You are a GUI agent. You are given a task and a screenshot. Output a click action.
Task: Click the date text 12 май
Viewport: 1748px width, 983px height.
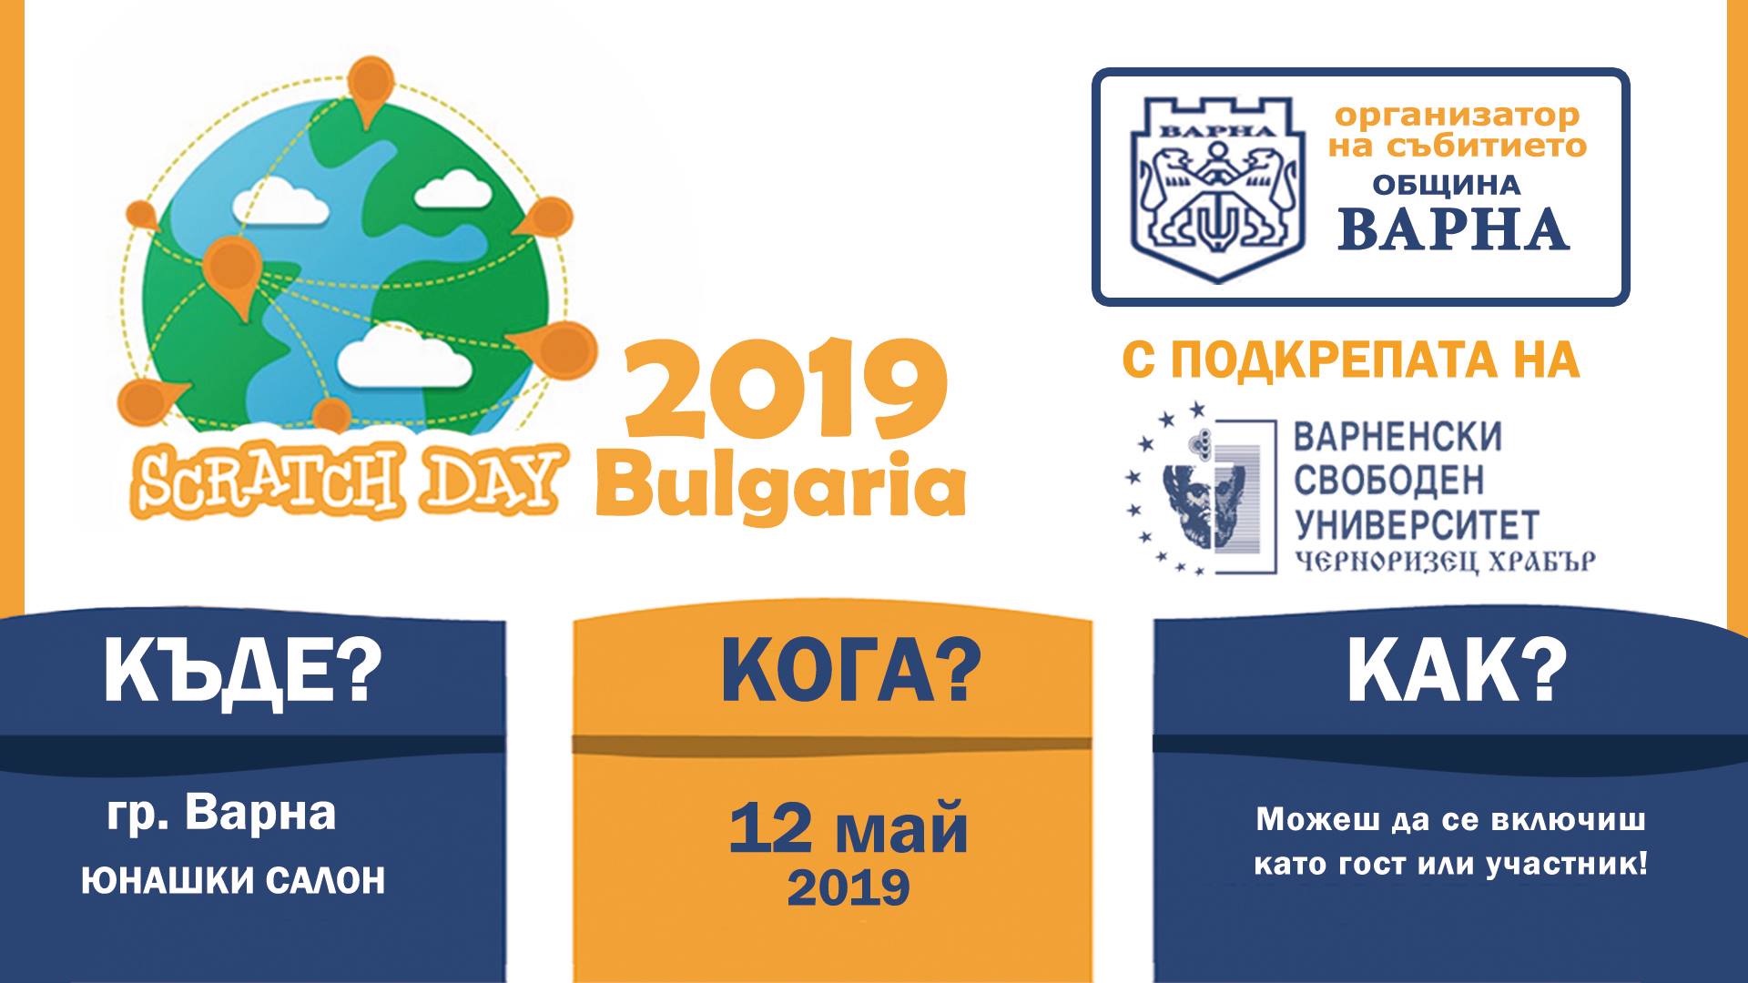pos(849,828)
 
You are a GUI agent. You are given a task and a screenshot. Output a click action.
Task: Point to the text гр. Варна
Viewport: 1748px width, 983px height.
pos(222,814)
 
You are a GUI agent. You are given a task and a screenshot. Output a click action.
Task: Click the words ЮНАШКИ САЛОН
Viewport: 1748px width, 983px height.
pos(233,881)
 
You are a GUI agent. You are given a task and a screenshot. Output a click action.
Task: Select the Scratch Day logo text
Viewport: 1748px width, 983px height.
pos(345,481)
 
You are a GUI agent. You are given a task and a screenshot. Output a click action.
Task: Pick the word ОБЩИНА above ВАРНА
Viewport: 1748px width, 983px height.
pos(1447,186)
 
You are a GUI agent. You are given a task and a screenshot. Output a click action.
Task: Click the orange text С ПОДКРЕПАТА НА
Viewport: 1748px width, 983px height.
pos(1351,360)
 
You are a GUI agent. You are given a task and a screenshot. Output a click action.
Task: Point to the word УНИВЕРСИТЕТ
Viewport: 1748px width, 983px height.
pos(1417,525)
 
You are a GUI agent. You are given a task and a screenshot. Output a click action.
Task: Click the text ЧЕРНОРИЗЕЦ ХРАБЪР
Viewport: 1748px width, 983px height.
pos(1445,562)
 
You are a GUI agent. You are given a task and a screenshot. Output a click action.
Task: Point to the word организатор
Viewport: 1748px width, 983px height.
pos(1458,116)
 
